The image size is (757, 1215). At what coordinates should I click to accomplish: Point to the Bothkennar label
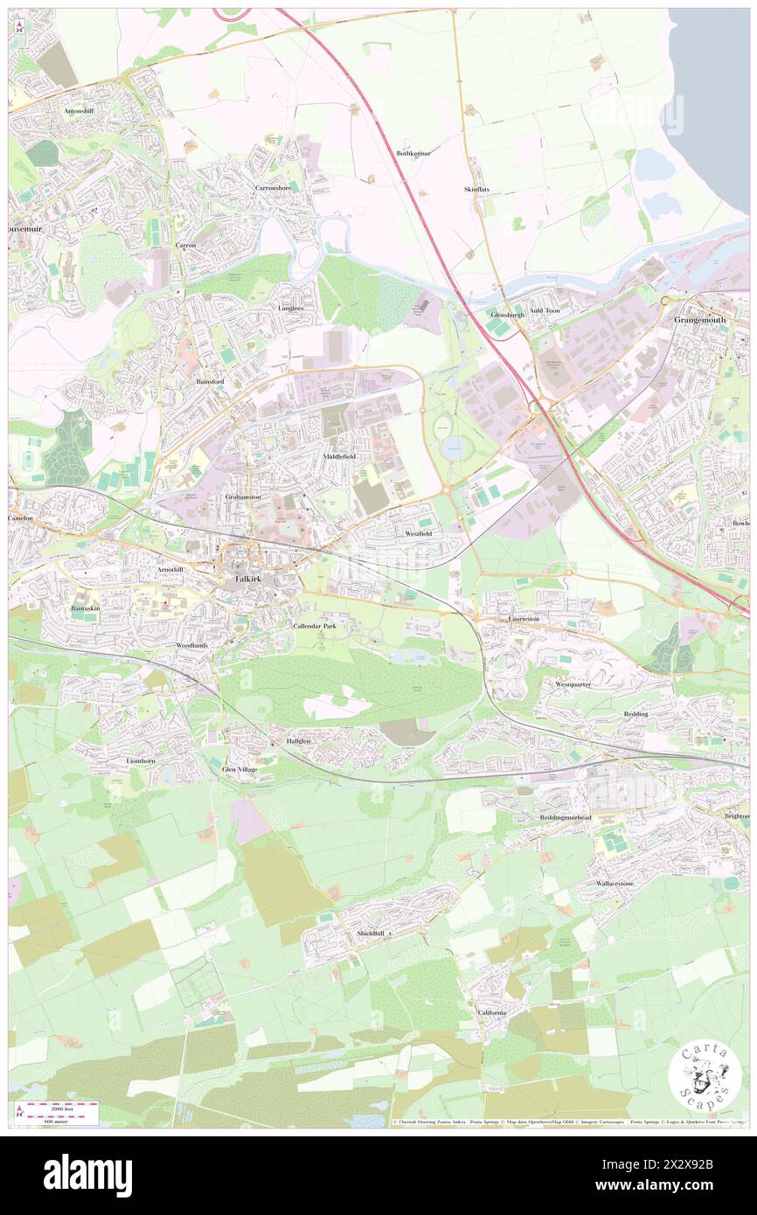415,153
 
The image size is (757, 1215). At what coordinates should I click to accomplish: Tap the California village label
491,1012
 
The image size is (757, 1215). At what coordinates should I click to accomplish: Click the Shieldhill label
371,934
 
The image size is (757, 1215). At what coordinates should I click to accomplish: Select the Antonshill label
79,112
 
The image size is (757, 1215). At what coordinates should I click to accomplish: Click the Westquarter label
573,684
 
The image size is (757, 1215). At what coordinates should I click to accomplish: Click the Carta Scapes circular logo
705,1076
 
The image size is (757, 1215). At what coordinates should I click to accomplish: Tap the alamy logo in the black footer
87,1175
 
